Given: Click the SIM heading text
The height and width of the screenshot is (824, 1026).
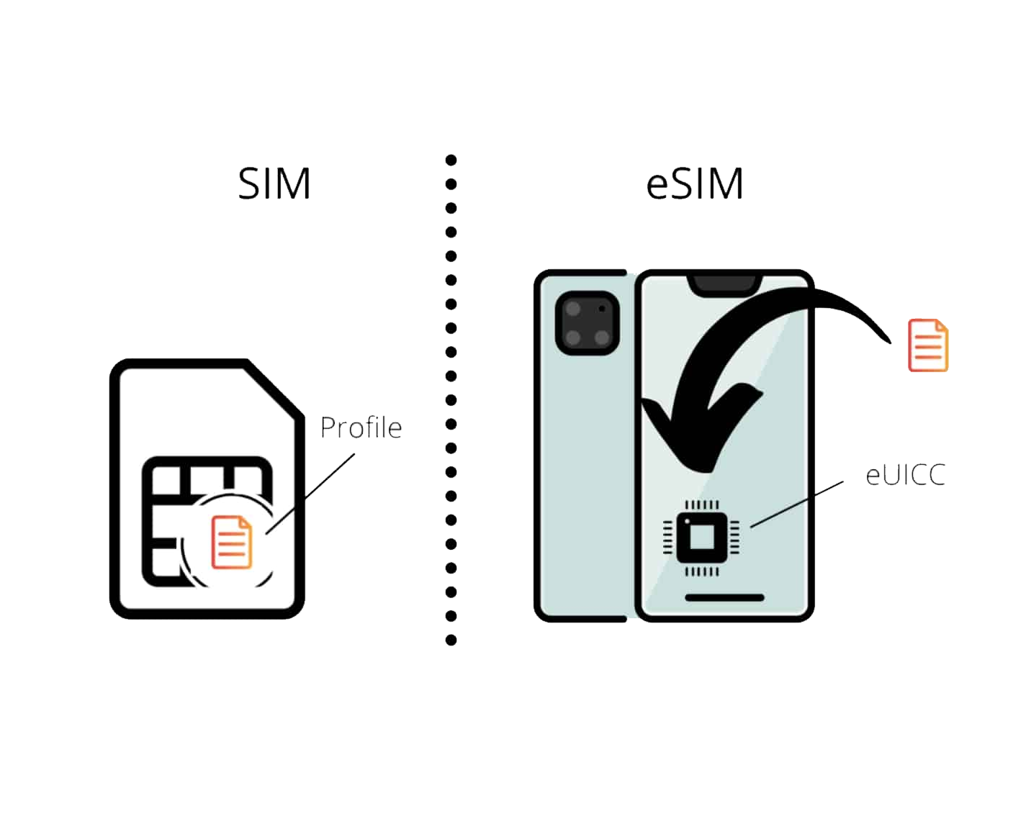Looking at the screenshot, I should pos(274,184).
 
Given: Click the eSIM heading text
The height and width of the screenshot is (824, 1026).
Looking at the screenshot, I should pos(695,184).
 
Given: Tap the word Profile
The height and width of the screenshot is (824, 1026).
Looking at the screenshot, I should pos(361,428).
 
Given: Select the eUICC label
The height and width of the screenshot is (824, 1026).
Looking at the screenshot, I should pos(905,476).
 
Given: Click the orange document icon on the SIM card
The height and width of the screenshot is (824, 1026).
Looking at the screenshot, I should pos(232,542).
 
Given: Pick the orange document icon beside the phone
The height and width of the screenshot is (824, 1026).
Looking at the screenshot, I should pos(927,345).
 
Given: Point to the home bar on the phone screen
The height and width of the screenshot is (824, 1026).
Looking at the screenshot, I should pos(724,597).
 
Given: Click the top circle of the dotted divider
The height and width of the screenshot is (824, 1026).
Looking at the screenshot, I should pos(451,160).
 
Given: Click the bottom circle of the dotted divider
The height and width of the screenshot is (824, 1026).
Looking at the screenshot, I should pos(451,640).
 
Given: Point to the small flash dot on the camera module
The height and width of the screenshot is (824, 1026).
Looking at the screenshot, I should pos(602,308).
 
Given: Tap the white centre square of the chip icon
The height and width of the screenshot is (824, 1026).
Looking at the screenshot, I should pos(701,537).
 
